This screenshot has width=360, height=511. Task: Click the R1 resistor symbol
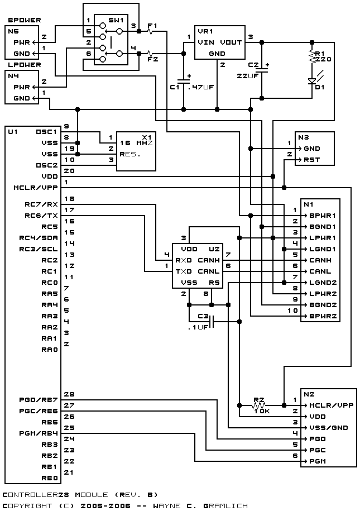(x=312, y=56)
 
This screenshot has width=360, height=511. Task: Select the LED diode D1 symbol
(x=312, y=80)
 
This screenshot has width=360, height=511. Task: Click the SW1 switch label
(x=116, y=20)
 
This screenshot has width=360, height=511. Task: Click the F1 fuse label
(x=152, y=26)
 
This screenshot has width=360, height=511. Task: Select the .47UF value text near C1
(x=200, y=87)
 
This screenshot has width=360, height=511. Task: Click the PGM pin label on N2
(x=316, y=461)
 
